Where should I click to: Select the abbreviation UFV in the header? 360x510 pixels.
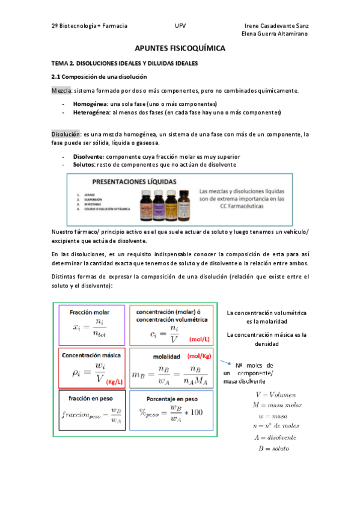click(180, 26)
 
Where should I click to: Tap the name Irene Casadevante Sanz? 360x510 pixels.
click(277, 26)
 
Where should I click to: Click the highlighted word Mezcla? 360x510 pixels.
click(60, 91)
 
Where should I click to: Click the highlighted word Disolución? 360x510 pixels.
click(65, 134)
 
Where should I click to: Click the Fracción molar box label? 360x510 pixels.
click(90, 313)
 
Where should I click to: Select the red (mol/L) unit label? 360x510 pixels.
click(198, 339)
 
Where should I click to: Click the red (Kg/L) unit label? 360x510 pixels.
click(114, 381)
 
